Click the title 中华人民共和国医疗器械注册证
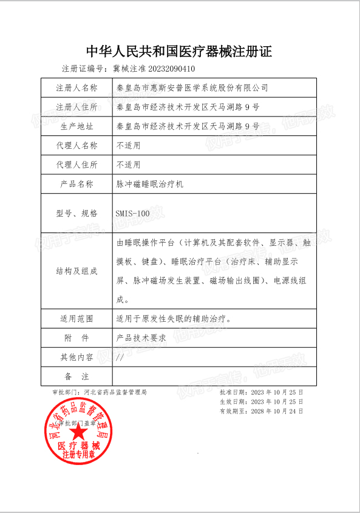click(180, 51)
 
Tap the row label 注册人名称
click(76, 88)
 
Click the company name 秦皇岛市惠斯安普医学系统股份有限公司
click(192, 88)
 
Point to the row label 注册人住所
click(76, 107)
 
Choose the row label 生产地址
click(76, 127)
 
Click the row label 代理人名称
click(76, 146)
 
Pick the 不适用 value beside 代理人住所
click(128, 165)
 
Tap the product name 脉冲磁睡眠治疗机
click(149, 184)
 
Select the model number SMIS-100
click(132, 213)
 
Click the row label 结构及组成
click(76, 271)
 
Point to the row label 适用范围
click(76, 318)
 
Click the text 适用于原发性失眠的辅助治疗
click(173, 318)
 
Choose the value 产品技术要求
click(141, 338)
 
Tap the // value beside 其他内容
click(120, 357)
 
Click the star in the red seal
click(78, 432)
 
